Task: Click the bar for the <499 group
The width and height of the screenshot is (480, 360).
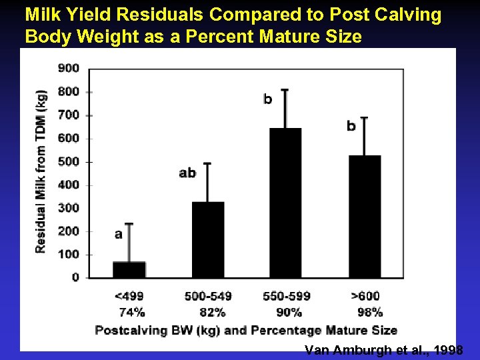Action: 129,269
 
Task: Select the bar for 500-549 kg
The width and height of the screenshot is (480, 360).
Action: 208,239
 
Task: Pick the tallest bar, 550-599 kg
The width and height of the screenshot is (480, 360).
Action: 285,203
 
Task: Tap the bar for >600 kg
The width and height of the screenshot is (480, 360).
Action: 365,216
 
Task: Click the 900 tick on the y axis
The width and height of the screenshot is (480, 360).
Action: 69,68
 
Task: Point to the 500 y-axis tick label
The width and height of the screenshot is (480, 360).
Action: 69,161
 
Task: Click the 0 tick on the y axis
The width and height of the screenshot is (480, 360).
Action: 75,277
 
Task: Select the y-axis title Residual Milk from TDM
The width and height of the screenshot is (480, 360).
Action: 41,171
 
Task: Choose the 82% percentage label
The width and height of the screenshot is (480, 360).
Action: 212,312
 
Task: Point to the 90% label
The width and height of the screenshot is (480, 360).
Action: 289,312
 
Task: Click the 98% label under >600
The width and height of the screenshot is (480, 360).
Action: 369,312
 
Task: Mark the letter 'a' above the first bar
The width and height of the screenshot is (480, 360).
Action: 118,234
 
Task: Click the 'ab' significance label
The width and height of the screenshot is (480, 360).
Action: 187,173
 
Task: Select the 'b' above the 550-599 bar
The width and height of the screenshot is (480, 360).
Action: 267,100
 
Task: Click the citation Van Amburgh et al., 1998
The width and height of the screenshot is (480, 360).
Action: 383,351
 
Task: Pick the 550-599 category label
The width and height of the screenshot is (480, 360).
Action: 285,296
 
